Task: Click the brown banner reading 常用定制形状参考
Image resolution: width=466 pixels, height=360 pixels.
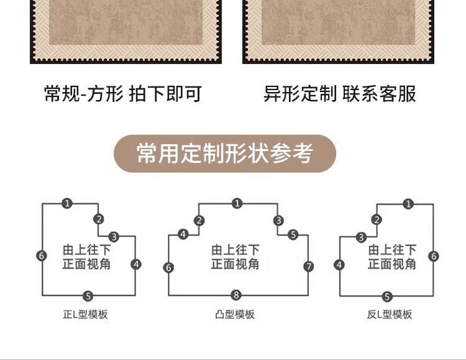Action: pos(225,153)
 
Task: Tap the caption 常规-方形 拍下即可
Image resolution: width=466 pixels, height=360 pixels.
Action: pos(123,94)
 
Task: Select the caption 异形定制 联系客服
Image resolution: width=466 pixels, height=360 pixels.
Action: pos(339,94)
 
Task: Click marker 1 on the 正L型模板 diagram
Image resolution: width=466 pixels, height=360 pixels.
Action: pos(66,203)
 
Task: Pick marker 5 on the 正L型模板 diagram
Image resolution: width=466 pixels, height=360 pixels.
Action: pos(88,296)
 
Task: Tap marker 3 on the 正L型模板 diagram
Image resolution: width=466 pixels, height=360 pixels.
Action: pos(114,237)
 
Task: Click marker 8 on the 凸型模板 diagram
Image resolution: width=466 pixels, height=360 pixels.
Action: pos(236,295)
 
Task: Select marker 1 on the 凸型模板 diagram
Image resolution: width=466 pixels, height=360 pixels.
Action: pos(237,203)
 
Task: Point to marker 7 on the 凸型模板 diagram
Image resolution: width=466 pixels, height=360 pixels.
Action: pos(309,267)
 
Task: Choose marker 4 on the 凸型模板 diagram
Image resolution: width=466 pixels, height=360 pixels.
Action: pos(183,234)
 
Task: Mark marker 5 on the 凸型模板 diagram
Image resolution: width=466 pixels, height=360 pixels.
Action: pos(293,234)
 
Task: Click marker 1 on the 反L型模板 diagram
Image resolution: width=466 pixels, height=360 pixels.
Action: pos(408,203)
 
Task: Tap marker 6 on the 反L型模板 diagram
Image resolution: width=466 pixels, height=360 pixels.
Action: pos(434,256)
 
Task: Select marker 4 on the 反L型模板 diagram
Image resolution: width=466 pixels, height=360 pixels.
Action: pos(339,265)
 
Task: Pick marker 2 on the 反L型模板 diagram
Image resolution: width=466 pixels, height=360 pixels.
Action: pos(377,219)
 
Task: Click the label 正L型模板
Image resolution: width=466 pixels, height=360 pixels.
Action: pos(85,315)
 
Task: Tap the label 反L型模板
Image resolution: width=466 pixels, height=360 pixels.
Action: pos(390,315)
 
